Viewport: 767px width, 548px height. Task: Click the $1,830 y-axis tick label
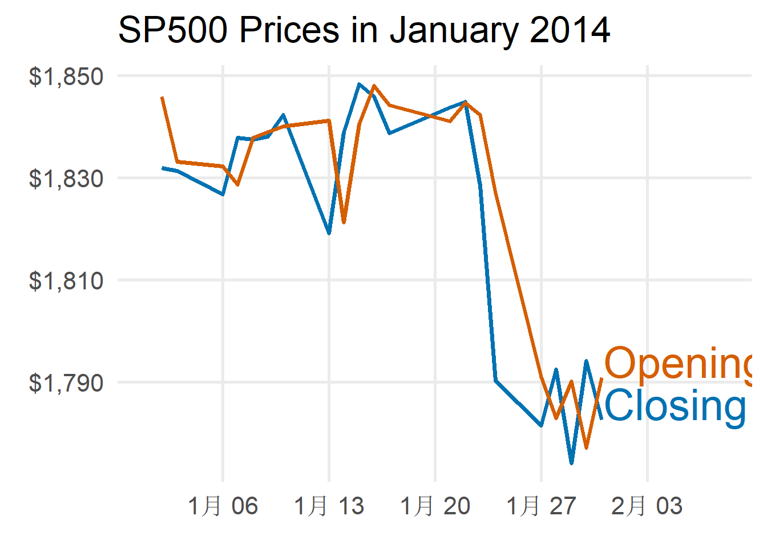click(x=66, y=178)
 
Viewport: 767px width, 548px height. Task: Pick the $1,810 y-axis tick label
click(x=66, y=280)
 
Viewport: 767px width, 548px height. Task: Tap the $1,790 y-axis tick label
click(x=66, y=382)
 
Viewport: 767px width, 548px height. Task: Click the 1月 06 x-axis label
click(x=223, y=506)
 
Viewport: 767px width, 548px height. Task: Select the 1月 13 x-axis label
click(x=329, y=506)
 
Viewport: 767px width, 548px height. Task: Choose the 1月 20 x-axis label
click(x=435, y=506)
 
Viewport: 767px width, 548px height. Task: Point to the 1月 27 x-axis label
click(x=541, y=506)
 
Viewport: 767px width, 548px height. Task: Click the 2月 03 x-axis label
click(x=647, y=506)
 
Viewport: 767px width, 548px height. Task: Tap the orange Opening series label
click(x=679, y=363)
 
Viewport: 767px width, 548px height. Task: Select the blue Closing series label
click(x=675, y=406)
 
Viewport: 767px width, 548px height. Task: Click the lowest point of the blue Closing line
click(x=571, y=463)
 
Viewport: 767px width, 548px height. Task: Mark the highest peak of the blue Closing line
click(x=359, y=84)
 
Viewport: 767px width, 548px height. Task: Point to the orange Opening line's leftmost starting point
click(x=163, y=98)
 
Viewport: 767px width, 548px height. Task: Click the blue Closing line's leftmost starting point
click(x=163, y=168)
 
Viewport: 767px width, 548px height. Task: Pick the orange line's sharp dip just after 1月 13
click(x=344, y=222)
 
